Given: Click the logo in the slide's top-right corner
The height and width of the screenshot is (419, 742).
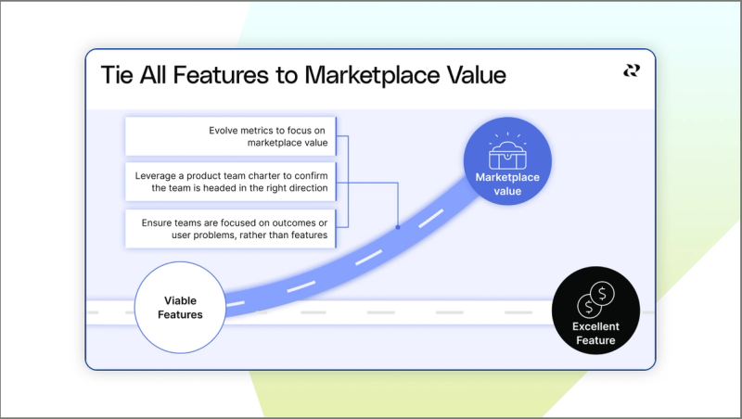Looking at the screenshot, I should pyautogui.click(x=631, y=70).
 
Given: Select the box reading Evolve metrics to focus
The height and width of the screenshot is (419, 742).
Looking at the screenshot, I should pyautogui.click(x=230, y=136).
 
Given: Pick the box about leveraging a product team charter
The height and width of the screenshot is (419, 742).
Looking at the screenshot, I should pyautogui.click(x=230, y=182).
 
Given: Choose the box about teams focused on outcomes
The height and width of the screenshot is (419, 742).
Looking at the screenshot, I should pyautogui.click(x=230, y=229).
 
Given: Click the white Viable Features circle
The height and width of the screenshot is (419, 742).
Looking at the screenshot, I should pyautogui.click(x=181, y=307).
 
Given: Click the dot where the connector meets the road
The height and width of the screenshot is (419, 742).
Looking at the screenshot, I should pyautogui.click(x=398, y=226).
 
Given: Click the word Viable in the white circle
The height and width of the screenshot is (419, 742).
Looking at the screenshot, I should pyautogui.click(x=181, y=300).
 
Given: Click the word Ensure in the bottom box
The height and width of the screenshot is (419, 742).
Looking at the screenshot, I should pyautogui.click(x=159, y=223).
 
